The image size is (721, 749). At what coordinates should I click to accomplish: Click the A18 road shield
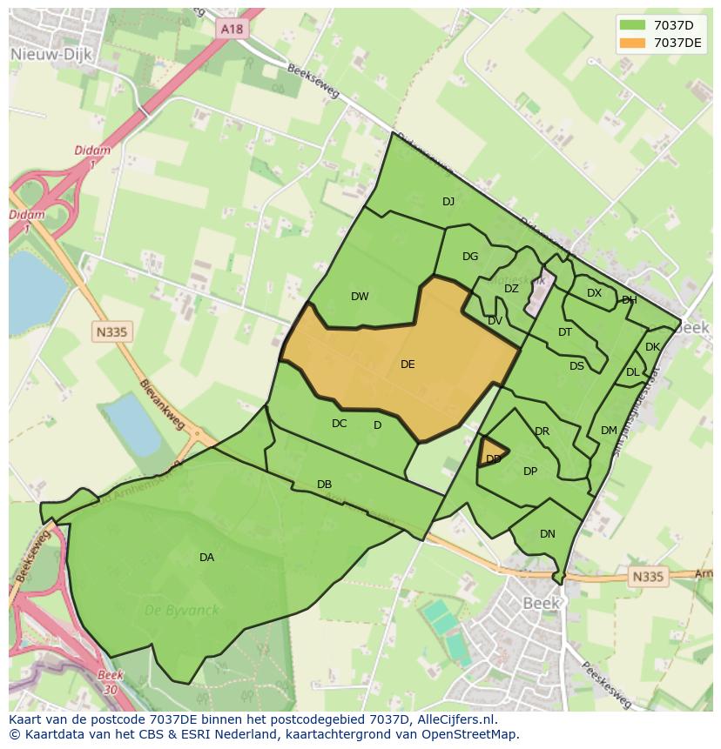[x=232, y=29]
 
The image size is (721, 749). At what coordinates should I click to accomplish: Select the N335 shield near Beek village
[x=647, y=576]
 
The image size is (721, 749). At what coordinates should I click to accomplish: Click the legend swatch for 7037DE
[x=633, y=43]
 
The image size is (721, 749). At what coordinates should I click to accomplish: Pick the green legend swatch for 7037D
[x=633, y=25]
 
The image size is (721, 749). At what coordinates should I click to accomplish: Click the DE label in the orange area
[x=408, y=364]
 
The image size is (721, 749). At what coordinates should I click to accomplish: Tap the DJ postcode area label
[x=448, y=201]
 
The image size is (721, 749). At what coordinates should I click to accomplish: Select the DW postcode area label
[x=360, y=296]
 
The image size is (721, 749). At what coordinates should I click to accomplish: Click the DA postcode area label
[x=206, y=557]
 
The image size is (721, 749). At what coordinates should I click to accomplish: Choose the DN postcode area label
[x=547, y=534]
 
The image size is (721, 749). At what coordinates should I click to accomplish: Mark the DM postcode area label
[x=609, y=430]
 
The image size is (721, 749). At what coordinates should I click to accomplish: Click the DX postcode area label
[x=594, y=293]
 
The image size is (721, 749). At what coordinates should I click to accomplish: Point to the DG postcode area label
[x=470, y=256]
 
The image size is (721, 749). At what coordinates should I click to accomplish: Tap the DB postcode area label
[x=324, y=484]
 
